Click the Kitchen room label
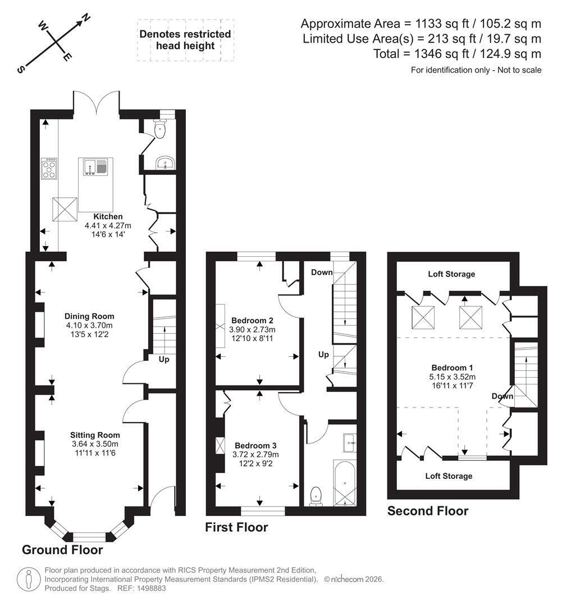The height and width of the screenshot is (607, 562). point(108,216)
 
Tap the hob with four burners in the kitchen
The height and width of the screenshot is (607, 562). point(49,169)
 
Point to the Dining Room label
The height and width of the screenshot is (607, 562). point(89,316)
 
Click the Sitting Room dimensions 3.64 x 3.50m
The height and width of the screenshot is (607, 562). point(95,444)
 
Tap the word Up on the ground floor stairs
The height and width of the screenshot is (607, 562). point(164,360)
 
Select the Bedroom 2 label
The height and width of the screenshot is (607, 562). point(252,320)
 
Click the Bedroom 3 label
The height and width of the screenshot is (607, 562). point(255,446)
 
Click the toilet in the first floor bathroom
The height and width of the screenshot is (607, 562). point(316,496)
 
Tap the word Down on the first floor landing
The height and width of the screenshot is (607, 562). point(322,272)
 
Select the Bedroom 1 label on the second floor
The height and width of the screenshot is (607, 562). point(452,368)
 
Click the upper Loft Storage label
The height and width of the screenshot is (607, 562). point(451,274)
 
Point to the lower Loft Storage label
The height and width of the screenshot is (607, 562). point(449,476)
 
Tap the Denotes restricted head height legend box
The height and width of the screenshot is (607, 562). point(185,40)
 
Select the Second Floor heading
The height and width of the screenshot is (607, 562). point(428,511)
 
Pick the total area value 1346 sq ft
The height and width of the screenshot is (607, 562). point(442,53)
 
